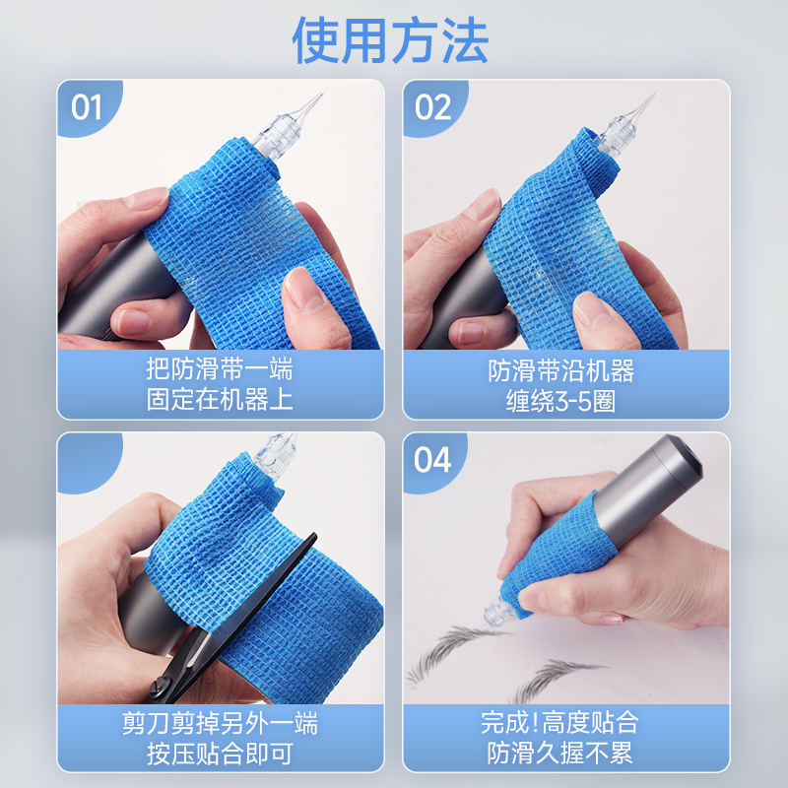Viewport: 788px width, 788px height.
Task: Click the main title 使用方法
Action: tap(390, 40)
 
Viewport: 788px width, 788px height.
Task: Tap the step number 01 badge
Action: tap(87, 107)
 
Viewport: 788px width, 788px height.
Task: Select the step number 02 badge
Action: tap(432, 107)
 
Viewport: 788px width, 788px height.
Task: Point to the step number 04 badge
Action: tap(432, 459)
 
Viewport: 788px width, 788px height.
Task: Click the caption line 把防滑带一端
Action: tap(220, 368)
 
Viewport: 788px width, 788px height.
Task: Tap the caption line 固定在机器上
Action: tap(220, 400)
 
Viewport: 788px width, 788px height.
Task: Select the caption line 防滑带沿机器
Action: tap(560, 371)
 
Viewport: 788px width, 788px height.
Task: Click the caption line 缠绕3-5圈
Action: tap(560, 402)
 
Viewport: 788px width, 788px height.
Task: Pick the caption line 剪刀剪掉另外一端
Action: tap(220, 723)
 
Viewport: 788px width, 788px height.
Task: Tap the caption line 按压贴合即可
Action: tap(220, 754)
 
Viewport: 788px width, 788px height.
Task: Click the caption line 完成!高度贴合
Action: tap(559, 722)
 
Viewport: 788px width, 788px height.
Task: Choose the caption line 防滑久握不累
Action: tap(559, 753)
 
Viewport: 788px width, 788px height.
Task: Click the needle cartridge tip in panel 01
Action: tap(325, 92)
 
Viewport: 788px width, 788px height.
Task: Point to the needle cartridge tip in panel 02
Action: tap(655, 93)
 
